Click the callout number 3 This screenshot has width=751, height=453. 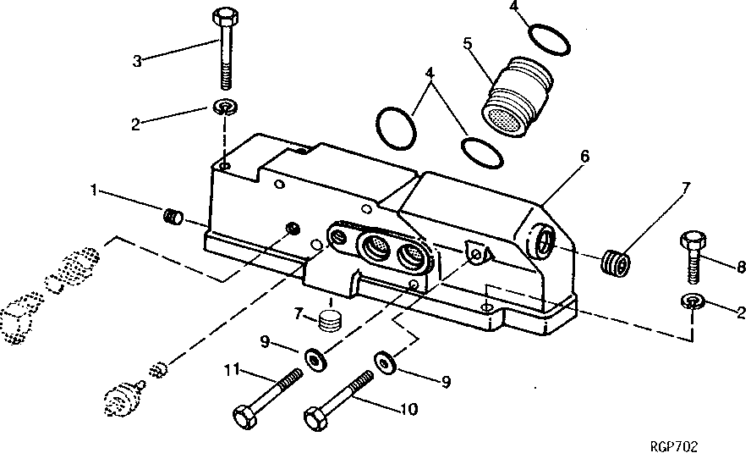click(138, 60)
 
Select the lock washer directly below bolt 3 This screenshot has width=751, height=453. click(225, 108)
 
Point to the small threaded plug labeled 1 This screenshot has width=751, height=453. click(173, 218)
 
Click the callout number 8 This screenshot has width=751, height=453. click(741, 267)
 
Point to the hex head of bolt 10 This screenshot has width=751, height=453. click(315, 418)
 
